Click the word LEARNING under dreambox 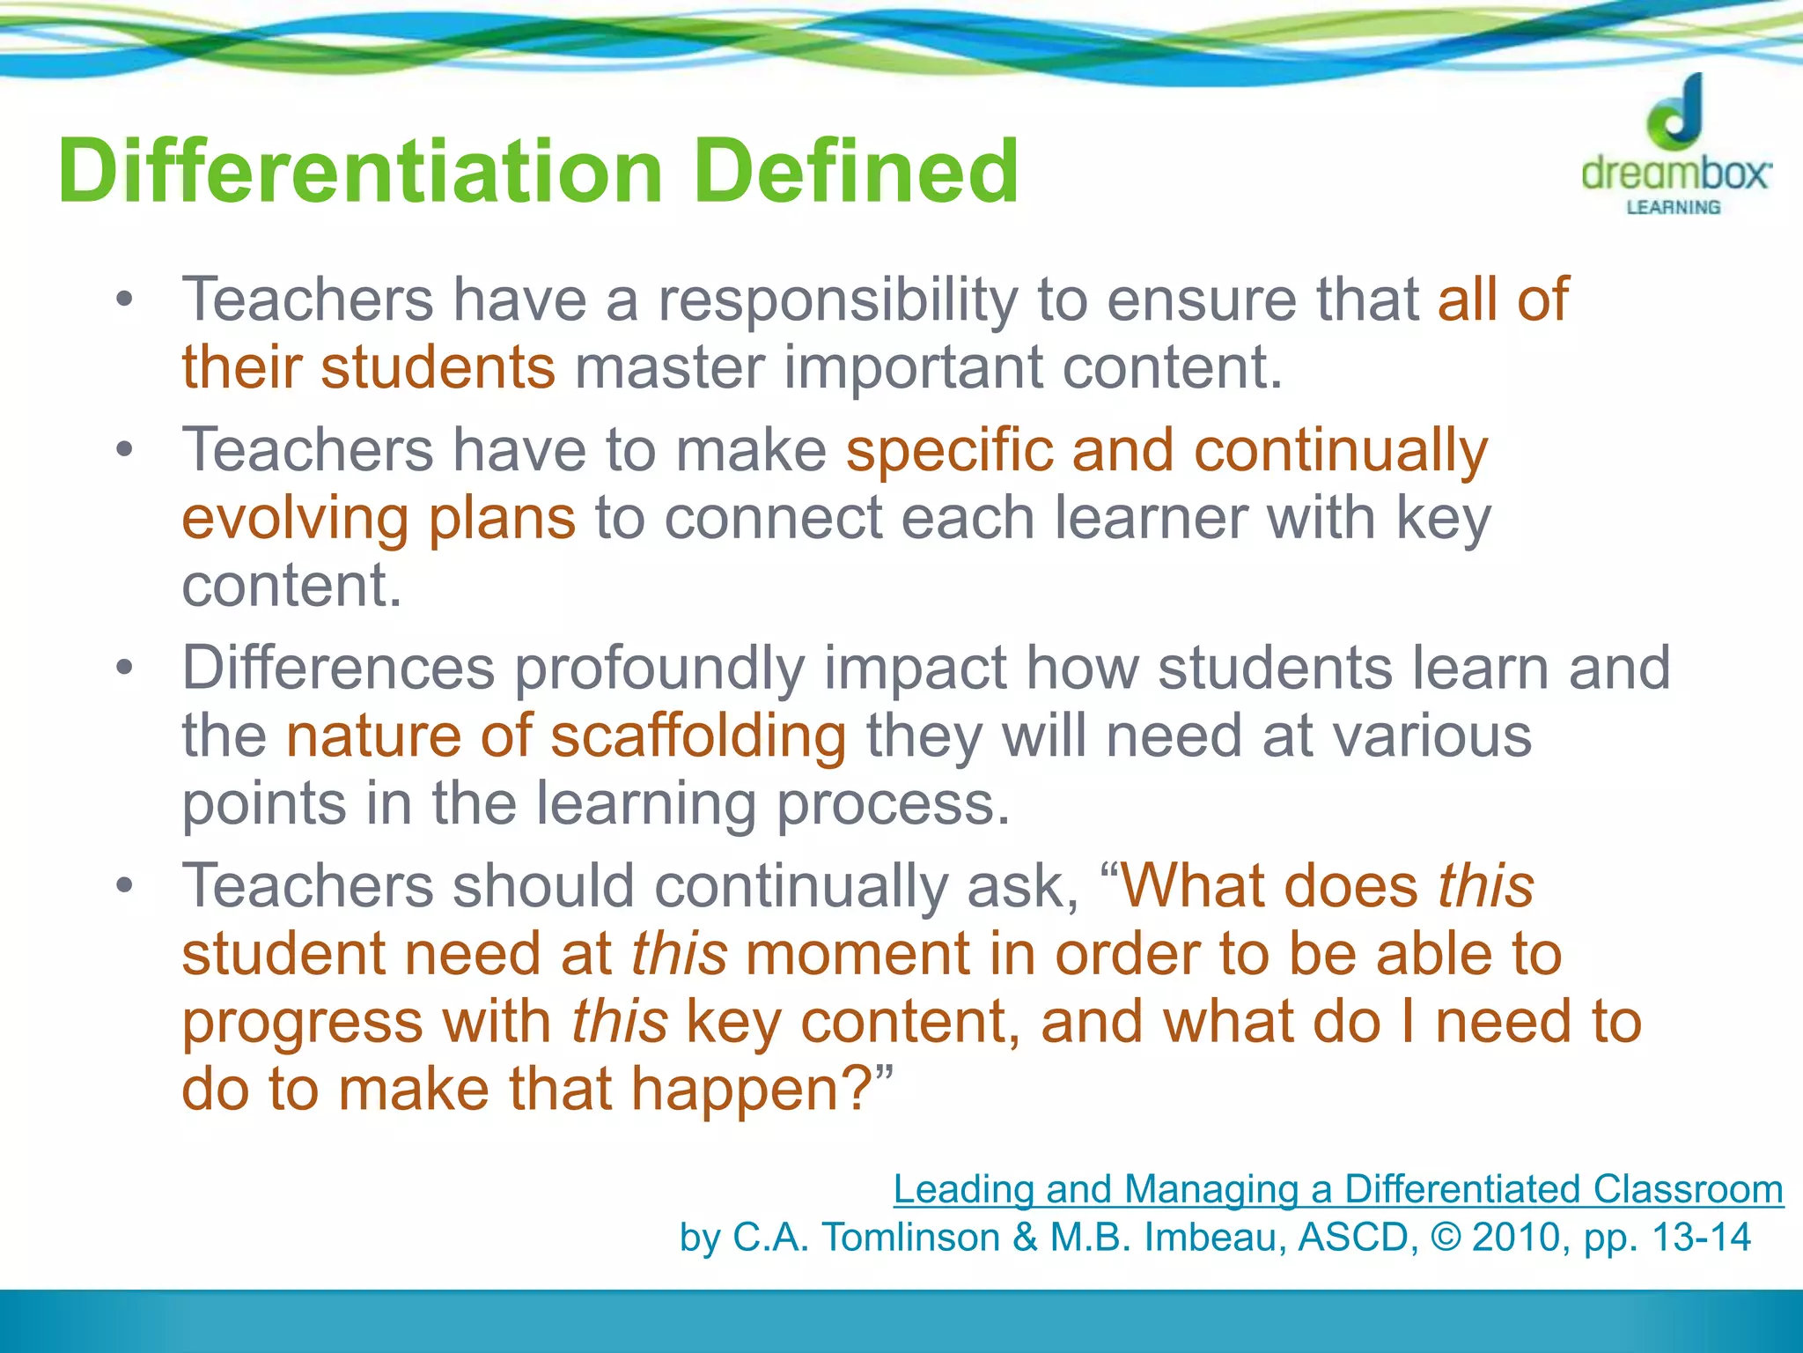[1673, 208]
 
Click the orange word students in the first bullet [438, 368]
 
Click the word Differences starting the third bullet [338, 668]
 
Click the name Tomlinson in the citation [910, 1238]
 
